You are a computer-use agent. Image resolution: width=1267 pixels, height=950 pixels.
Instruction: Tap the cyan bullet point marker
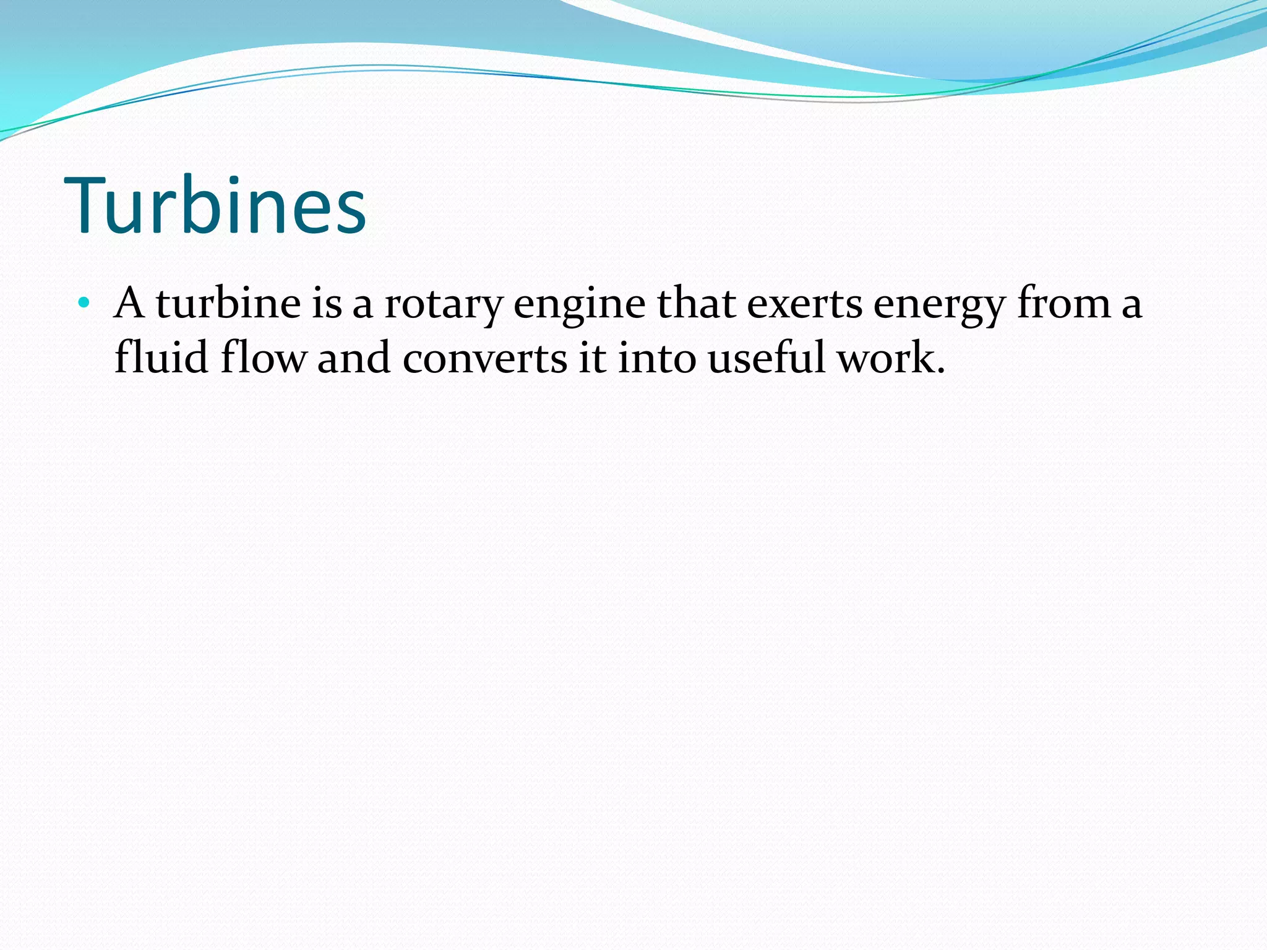[x=84, y=304]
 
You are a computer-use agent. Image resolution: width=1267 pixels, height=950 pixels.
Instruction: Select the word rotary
[x=442, y=305]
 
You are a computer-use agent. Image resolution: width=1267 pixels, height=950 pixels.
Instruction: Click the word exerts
[x=804, y=305]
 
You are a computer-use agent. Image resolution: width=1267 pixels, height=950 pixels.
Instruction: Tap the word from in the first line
[x=1064, y=304]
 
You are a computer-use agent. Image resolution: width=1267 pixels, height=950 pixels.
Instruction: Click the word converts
[x=484, y=359]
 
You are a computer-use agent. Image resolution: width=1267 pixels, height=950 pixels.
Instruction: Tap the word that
[x=695, y=304]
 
